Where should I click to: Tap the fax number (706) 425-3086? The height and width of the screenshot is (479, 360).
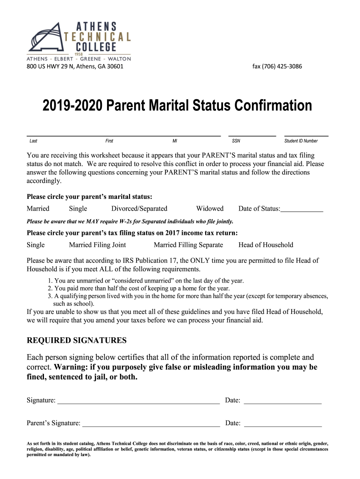(x=277, y=66)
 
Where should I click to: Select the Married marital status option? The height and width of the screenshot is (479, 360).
(x=38, y=209)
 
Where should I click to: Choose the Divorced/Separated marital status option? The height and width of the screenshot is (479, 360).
(x=139, y=209)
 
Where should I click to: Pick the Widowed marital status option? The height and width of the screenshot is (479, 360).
(x=209, y=209)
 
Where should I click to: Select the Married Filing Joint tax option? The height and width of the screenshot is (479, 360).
(x=97, y=245)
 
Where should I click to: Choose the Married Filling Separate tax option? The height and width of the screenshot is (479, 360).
(x=188, y=245)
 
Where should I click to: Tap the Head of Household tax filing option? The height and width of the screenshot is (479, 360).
(x=266, y=245)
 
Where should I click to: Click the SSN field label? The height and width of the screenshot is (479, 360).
(x=236, y=141)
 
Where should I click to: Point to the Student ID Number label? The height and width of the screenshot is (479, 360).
(x=301, y=141)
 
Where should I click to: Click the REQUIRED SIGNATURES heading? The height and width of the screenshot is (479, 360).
(x=76, y=340)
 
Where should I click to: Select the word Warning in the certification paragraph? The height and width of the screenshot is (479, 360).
(x=72, y=367)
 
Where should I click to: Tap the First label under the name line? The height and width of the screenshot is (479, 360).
(x=109, y=141)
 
